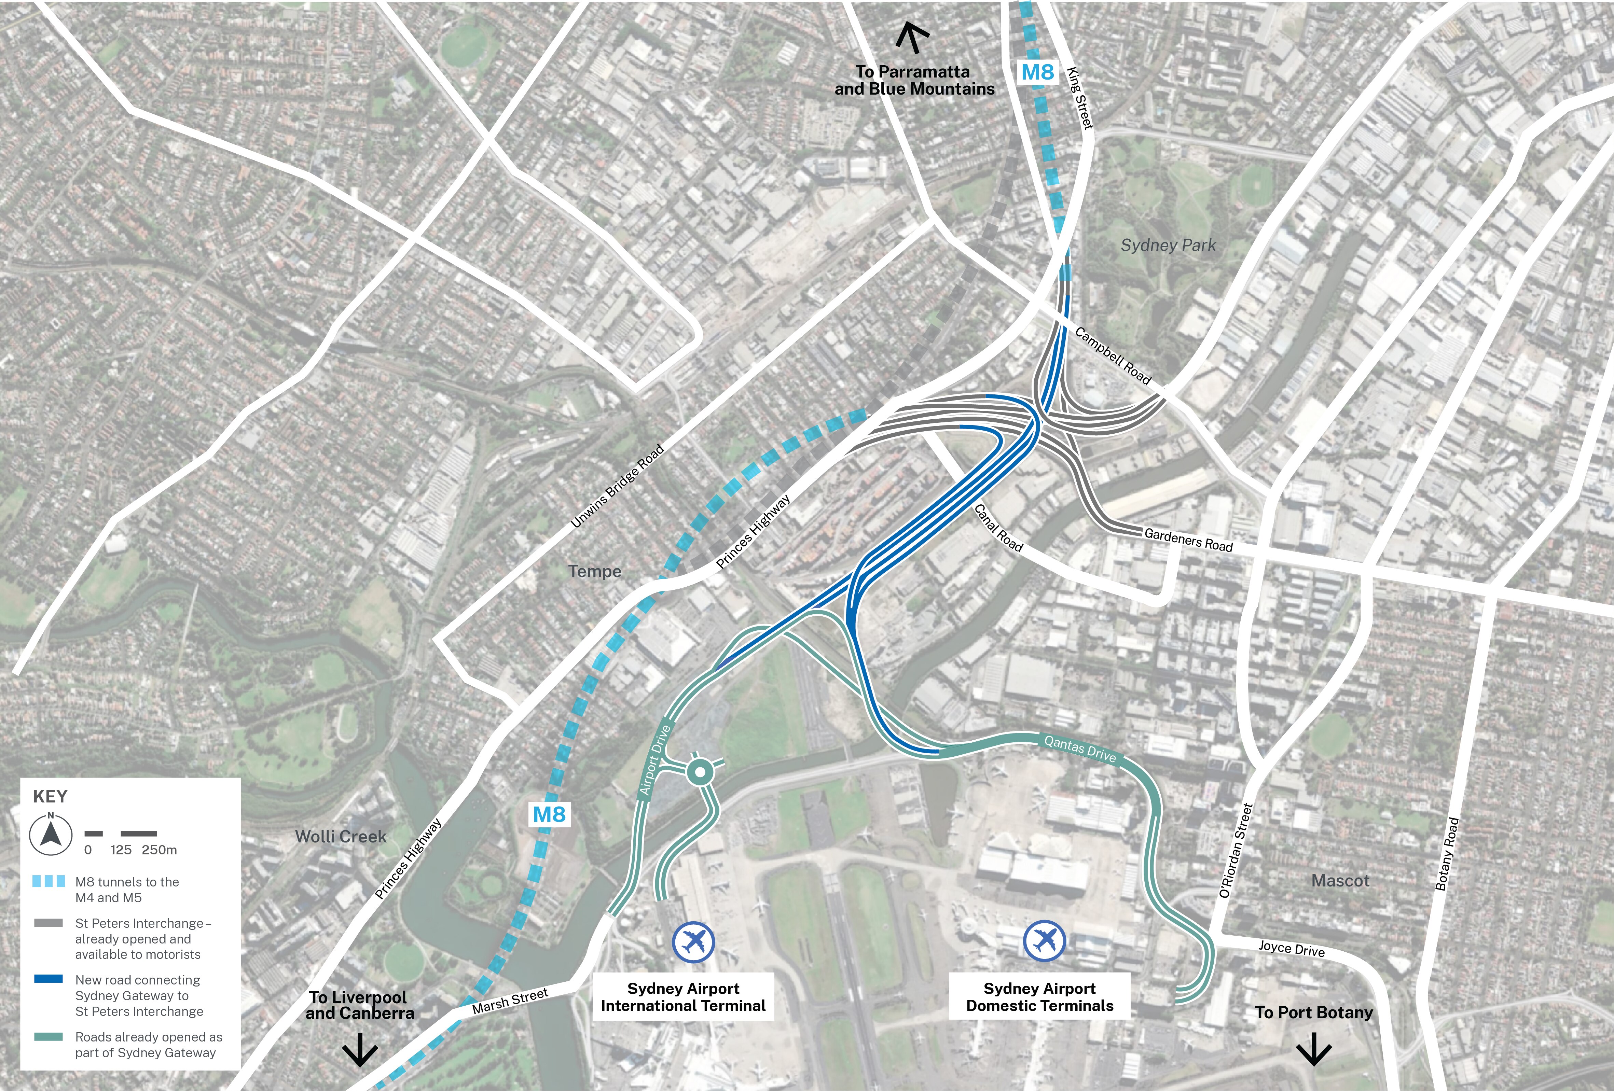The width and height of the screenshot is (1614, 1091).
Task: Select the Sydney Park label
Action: click(x=1168, y=245)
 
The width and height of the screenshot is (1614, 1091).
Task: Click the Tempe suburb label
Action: click(x=594, y=572)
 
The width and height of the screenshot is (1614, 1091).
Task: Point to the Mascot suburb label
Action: click(x=1340, y=881)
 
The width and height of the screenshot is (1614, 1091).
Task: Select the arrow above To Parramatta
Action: click(x=912, y=38)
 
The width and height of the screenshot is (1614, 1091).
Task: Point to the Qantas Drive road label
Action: click(x=1080, y=749)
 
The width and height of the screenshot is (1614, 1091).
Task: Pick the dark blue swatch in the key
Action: click(x=49, y=979)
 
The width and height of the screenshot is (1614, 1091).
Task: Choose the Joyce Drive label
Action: click(x=1291, y=949)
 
